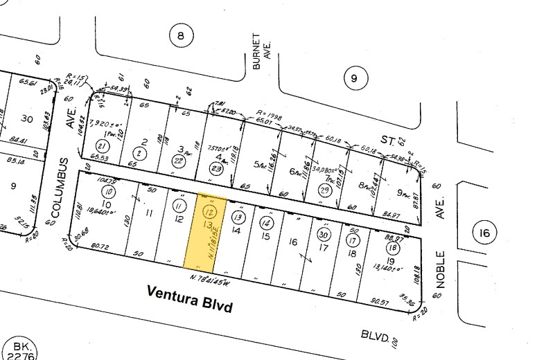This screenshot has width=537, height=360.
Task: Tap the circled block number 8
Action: click(181, 36)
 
